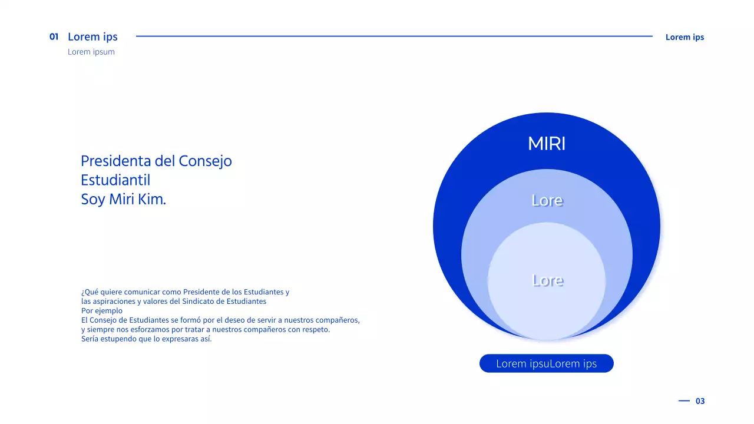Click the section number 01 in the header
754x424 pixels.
54,37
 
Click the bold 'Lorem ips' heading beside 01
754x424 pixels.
92,37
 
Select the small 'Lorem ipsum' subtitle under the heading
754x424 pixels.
91,52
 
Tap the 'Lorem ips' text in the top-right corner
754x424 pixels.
684,37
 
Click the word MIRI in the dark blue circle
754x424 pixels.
547,144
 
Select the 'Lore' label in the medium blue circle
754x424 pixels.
547,200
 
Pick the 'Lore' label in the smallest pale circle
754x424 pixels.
547,280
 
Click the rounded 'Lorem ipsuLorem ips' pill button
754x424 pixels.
547,363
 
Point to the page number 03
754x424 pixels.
700,401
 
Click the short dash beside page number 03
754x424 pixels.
684,400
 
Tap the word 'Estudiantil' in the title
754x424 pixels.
115,180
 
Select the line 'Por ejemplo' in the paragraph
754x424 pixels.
102,311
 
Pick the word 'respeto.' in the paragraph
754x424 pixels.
315,330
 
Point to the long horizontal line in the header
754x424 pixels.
394,37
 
